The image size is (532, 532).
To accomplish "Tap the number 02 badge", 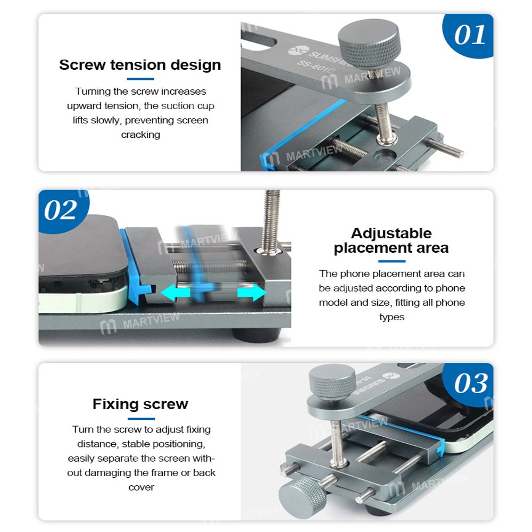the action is pyautogui.click(x=61, y=210).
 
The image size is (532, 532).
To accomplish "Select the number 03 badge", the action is pyautogui.click(x=470, y=384).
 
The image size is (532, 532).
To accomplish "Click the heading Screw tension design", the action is pyautogui.click(x=140, y=65).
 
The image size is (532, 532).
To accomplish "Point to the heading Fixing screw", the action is pyautogui.click(x=140, y=404).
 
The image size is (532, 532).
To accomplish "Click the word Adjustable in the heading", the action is pyautogui.click(x=391, y=234).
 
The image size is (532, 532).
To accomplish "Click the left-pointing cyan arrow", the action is pyautogui.click(x=175, y=292).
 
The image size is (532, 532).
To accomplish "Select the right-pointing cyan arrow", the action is pyautogui.click(x=252, y=292).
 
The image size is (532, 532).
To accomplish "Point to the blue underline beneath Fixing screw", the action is pyautogui.click(x=141, y=419).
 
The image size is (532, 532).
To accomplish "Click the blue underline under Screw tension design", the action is pyautogui.click(x=140, y=79).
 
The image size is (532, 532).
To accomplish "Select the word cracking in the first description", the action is pyautogui.click(x=140, y=135).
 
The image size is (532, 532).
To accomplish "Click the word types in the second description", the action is pyautogui.click(x=392, y=317).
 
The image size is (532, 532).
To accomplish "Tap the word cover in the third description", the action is pyautogui.click(x=141, y=487).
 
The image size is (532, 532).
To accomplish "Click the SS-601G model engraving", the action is pyautogui.click(x=316, y=66).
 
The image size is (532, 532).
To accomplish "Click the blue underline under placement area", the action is pyautogui.click(x=392, y=261).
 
